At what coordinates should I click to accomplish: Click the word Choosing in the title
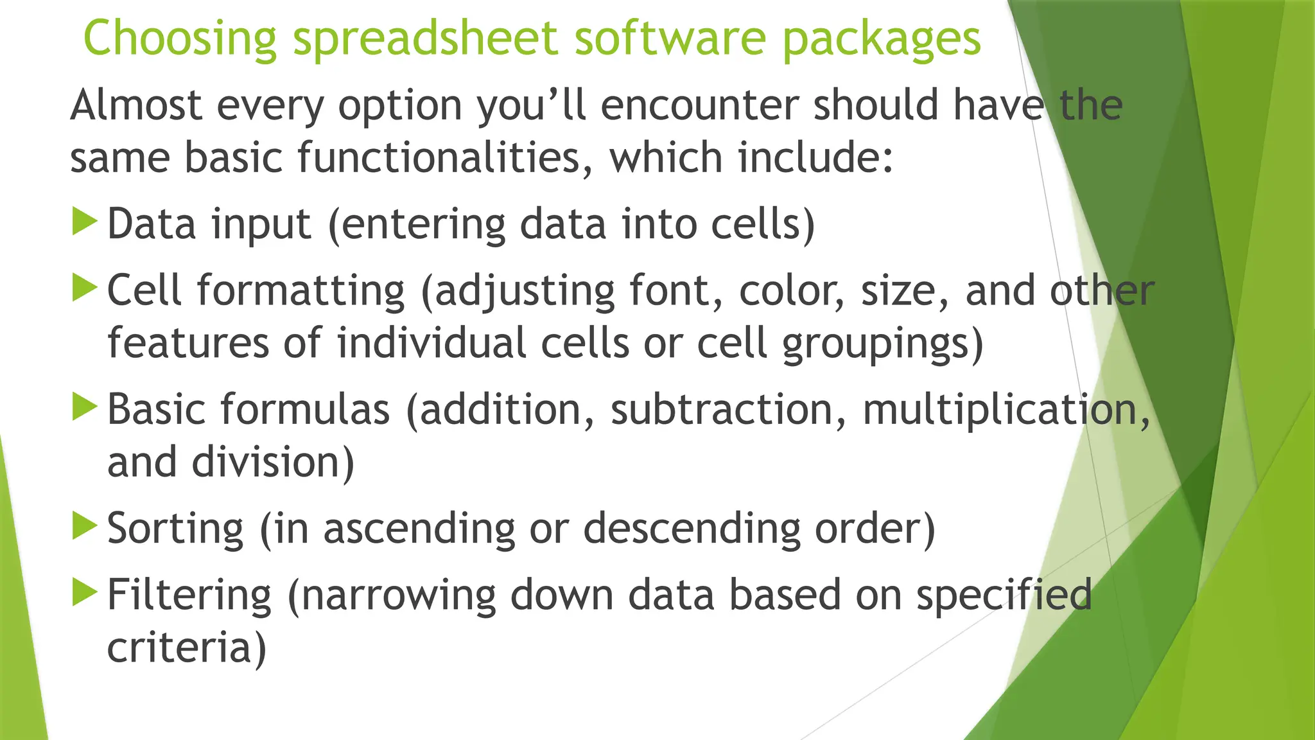tap(180, 39)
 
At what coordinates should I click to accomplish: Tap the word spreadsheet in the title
tap(424, 39)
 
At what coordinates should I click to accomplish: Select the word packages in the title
tap(882, 39)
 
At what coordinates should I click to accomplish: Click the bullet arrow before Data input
tap(84, 221)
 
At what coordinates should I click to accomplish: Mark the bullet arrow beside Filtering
tap(84, 592)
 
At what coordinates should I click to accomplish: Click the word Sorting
tap(175, 529)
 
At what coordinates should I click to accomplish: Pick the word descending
tap(692, 529)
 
